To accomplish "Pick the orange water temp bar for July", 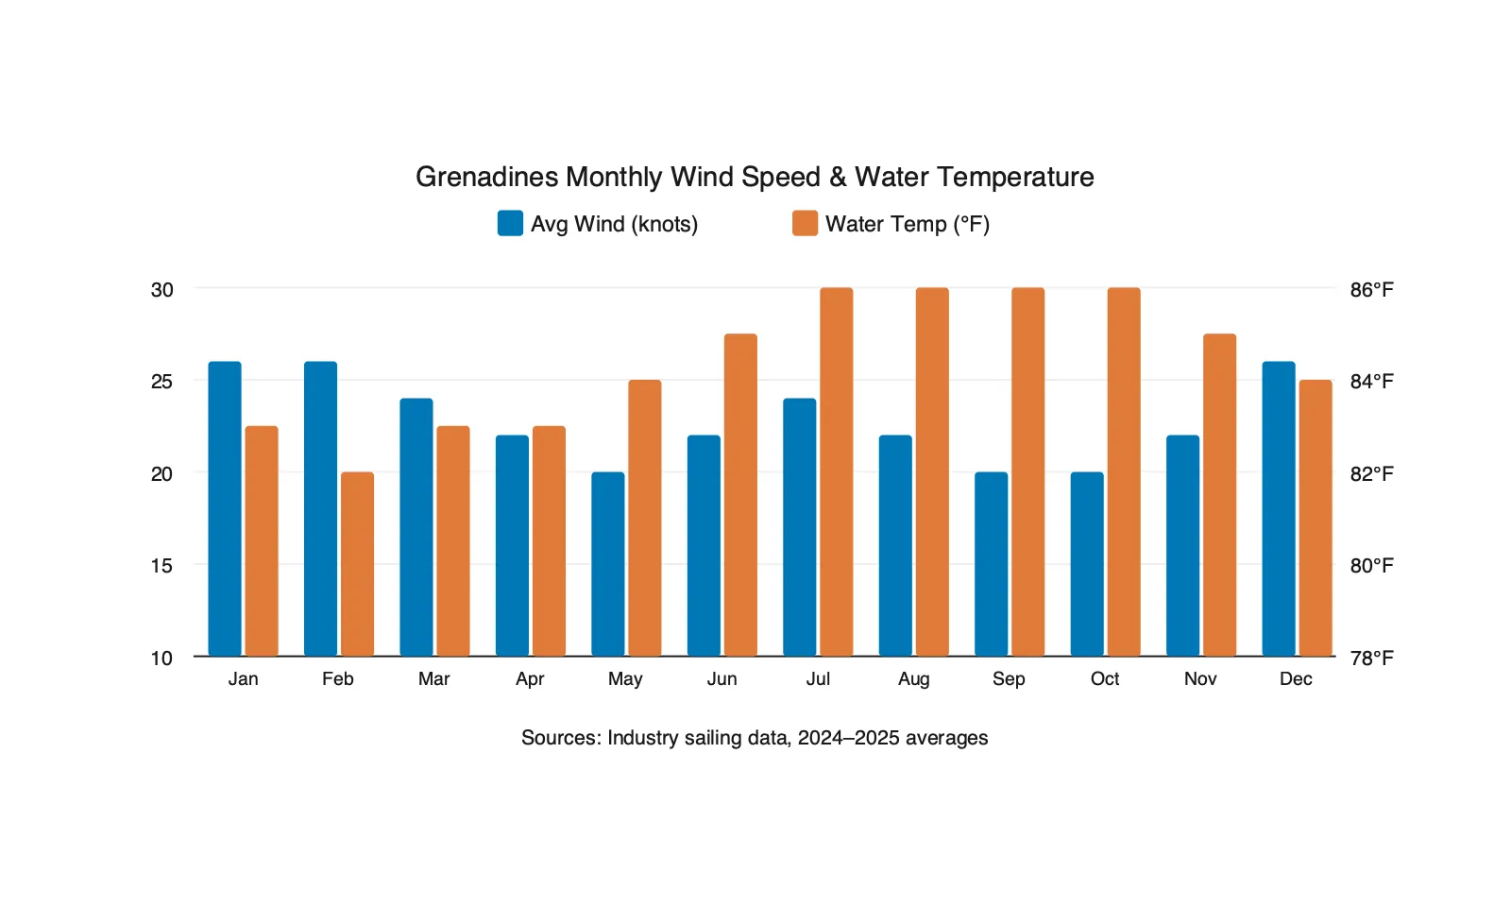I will [x=837, y=471].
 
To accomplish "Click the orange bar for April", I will [x=549, y=540].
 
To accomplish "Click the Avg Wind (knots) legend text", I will [x=614, y=224].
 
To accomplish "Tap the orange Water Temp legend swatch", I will [x=805, y=223].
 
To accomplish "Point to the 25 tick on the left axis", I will [x=161, y=382].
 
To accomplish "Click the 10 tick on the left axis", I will [x=161, y=659].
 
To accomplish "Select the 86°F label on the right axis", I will [x=1371, y=290].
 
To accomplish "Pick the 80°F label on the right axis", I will [x=1371, y=566].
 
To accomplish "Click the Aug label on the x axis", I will [x=913, y=679].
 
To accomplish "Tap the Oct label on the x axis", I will [x=1104, y=679].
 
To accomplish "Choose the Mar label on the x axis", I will [x=433, y=679].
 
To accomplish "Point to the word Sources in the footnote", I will [x=560, y=738].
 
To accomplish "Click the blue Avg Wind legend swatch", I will [x=510, y=223].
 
